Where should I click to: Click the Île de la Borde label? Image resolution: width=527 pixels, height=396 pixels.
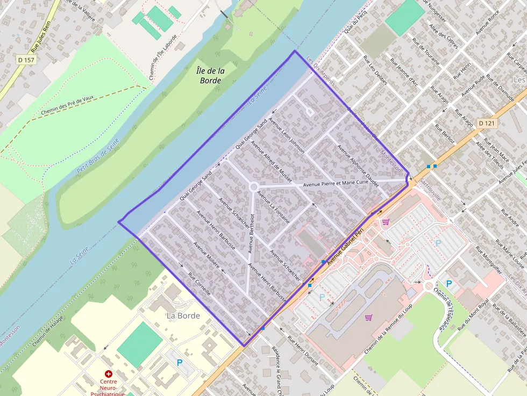tap(210, 75)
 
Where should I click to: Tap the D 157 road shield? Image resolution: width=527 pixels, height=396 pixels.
tap(26, 60)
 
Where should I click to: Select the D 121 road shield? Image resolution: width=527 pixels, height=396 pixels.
tap(486, 124)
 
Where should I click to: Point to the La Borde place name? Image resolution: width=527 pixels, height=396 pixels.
tap(183, 315)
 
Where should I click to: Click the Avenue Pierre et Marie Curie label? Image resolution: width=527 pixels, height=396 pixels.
tap(336, 183)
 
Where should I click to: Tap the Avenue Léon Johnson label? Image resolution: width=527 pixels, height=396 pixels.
tap(287, 135)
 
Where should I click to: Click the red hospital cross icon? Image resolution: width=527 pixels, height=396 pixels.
tap(109, 373)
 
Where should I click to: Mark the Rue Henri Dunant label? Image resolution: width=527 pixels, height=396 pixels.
tap(303, 350)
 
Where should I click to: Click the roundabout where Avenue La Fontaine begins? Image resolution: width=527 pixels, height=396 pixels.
tap(253, 186)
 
